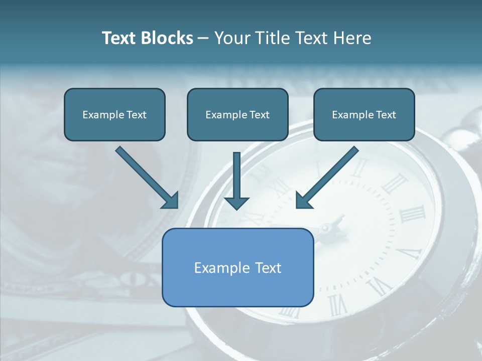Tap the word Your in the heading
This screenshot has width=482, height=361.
pyautogui.click(x=233, y=38)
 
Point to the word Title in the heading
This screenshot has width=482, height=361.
pyautogui.click(x=274, y=38)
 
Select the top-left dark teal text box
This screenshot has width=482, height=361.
pyautogui.click(x=114, y=114)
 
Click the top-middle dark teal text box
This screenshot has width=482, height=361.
pyautogui.click(x=237, y=114)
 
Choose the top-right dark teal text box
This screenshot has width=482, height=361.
pyautogui.click(x=364, y=114)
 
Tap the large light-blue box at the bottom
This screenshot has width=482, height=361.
pyautogui.click(x=238, y=267)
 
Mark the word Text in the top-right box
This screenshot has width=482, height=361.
pyautogui.click(x=386, y=115)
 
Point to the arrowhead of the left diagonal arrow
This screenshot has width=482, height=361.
pyautogui.click(x=171, y=200)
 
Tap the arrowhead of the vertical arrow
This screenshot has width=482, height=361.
pyautogui.click(x=236, y=203)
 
